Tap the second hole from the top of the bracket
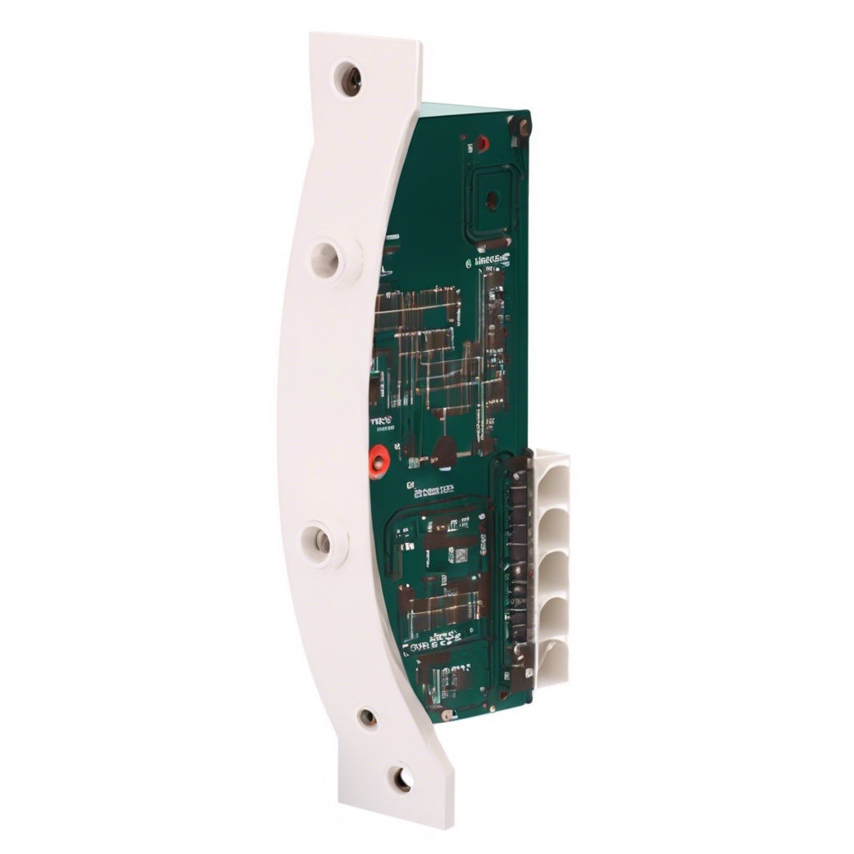327,260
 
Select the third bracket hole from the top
321,542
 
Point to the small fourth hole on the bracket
368,717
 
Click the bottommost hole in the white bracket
401,779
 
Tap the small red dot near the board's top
482,143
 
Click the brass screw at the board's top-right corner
522,127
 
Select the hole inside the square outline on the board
492,200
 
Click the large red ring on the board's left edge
379,460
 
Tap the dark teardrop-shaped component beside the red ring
444,452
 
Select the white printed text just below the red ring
430,490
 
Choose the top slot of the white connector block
552,480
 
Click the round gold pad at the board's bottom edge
448,716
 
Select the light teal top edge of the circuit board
471,108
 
